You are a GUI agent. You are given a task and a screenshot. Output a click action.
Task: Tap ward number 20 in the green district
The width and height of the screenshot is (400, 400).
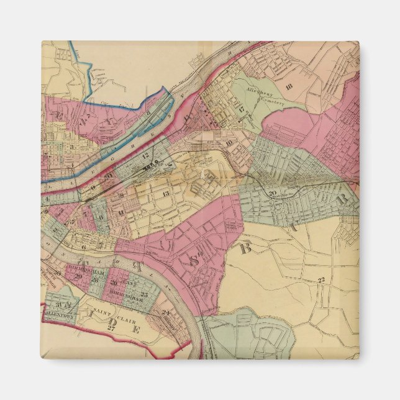tap(273, 193)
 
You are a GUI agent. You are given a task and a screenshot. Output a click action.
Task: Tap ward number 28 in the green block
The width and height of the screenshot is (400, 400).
tap(94, 280)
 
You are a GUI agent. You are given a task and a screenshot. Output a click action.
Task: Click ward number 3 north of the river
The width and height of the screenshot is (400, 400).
tap(72, 147)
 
